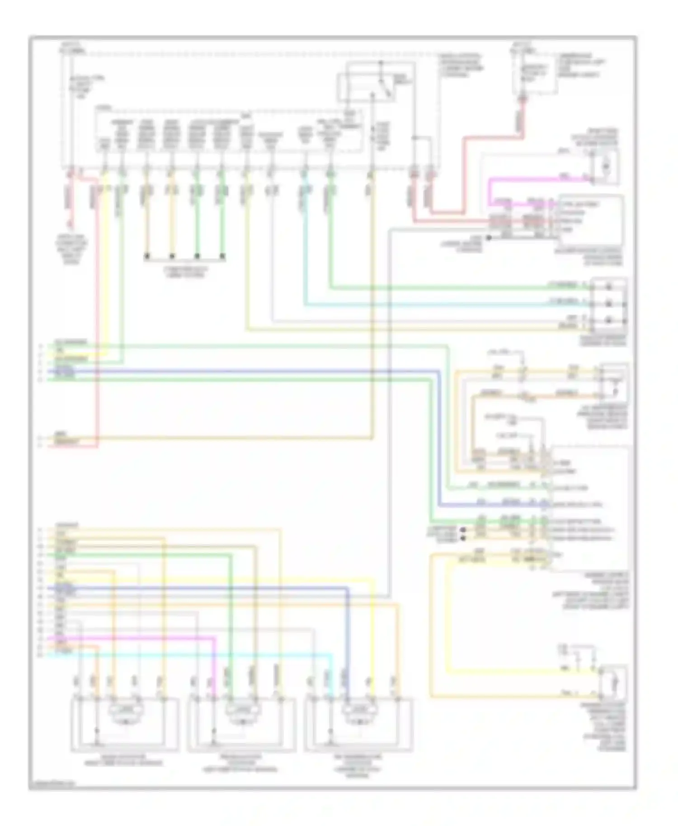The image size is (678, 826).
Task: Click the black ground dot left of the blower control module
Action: coord(488,237)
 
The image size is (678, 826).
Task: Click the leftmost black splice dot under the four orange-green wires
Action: coord(146,256)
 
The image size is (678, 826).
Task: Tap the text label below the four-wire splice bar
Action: coord(184,271)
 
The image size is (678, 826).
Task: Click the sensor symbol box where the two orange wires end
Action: coord(613,382)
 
